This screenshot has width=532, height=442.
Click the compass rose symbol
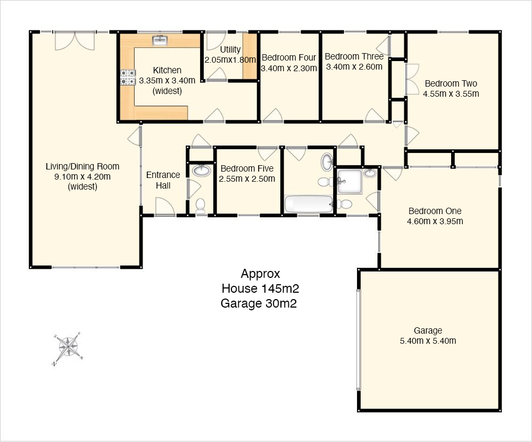point(68,348)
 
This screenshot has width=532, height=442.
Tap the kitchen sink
point(160,40)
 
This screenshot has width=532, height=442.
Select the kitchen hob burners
point(128,77)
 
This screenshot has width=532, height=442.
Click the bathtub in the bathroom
point(309,204)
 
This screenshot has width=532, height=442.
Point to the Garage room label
point(428,330)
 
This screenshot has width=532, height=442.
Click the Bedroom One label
point(435,211)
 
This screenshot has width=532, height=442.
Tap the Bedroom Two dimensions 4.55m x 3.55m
point(451,94)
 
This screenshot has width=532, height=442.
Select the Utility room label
point(230,49)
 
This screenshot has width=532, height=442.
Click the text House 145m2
point(260,288)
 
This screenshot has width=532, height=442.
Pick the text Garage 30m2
point(259,303)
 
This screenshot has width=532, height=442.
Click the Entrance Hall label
point(163,180)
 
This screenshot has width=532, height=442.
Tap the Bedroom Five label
point(247,168)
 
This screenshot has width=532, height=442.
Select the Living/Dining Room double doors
point(74,41)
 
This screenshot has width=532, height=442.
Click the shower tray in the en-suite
point(350,181)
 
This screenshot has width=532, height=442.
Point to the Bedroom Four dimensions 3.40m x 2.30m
point(289,68)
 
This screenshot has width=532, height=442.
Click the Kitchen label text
point(167,70)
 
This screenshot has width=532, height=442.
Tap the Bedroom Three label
point(354,56)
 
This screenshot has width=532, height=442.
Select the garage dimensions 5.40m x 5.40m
point(428,341)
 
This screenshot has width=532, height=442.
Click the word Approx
point(260,274)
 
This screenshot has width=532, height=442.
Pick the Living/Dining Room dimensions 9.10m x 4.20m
point(82,176)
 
